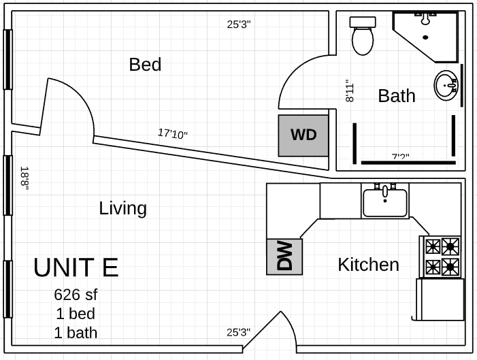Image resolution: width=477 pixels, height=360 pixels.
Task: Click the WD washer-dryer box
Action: coord(303,135)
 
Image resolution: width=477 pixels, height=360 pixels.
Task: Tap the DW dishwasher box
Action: coord(284,257)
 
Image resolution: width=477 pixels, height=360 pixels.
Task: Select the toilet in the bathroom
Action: coord(363,36)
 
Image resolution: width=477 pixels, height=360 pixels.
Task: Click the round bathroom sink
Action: coord(446,85)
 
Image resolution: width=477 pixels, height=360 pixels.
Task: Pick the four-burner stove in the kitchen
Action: coord(440,257)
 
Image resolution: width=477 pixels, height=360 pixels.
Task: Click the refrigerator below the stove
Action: coord(440,299)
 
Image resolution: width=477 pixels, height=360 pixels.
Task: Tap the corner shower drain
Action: coord(425,37)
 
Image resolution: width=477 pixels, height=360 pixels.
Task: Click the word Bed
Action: coord(145,65)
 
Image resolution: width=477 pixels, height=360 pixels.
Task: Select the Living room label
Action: coord(123,208)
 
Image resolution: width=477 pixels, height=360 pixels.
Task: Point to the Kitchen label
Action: coord(368,265)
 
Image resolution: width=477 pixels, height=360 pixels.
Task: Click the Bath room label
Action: coord(397,95)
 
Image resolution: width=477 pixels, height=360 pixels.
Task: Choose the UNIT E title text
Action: coord(76,267)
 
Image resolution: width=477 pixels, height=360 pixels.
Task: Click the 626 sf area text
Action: coord(76,295)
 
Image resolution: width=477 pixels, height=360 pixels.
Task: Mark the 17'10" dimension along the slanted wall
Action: coord(173,133)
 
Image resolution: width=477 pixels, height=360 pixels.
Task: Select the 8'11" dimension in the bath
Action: coord(350,91)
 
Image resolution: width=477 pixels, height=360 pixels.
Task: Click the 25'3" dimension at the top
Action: coord(239,24)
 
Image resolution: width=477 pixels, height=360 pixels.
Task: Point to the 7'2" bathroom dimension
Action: coord(400,157)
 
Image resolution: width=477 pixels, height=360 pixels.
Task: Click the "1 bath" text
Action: coord(76,333)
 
